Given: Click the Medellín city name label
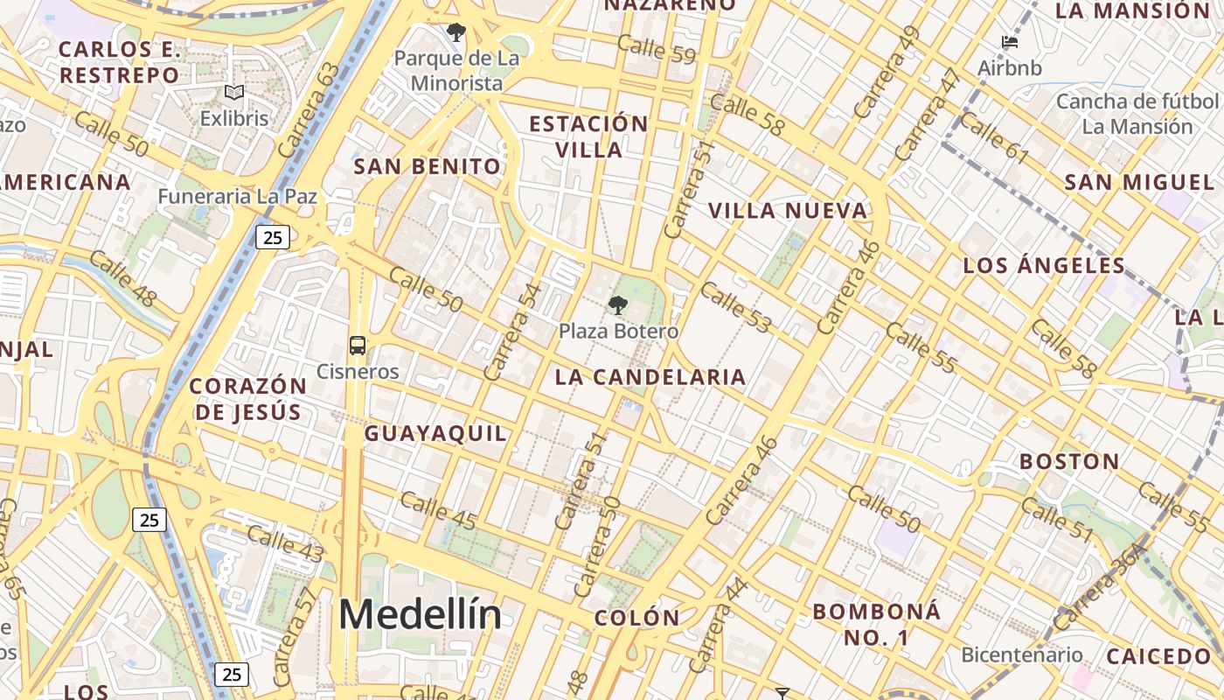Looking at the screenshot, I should click(x=420, y=614).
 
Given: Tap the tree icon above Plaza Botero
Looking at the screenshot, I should click(x=618, y=305).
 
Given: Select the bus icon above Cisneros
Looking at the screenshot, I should click(x=358, y=345).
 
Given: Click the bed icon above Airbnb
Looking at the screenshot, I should click(x=1010, y=42).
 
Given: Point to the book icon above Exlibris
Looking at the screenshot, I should click(x=233, y=92).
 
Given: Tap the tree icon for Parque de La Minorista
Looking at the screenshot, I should click(x=456, y=33).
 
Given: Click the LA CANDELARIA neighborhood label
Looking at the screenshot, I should click(x=650, y=377).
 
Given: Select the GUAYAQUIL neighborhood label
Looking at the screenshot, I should click(x=435, y=433).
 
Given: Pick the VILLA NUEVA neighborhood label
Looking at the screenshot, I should click(x=788, y=211).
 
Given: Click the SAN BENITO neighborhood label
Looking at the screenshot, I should click(x=428, y=166).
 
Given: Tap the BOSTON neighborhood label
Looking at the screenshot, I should click(x=1069, y=461).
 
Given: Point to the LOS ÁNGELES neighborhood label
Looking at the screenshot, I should click(x=1044, y=265).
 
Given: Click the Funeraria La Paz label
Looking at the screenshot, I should click(x=237, y=196).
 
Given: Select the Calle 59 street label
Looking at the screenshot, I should click(x=656, y=49).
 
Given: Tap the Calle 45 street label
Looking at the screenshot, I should click(x=438, y=511).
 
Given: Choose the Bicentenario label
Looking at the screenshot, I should click(x=1021, y=654).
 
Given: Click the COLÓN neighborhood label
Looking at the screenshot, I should click(x=636, y=618).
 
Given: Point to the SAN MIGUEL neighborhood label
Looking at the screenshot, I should click(x=1139, y=182).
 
